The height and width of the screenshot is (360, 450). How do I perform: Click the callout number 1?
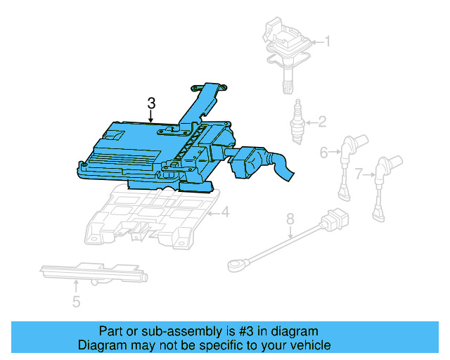tap(326, 41)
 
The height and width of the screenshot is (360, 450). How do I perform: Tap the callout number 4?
tap(225, 212)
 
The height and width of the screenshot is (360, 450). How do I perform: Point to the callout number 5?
tap(76, 302)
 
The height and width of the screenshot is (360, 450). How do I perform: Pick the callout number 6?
tap(324, 151)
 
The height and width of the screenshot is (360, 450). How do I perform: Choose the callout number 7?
tap(359, 172)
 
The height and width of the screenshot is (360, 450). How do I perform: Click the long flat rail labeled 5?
tap(91, 273)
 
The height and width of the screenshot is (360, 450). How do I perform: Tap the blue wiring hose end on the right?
tap(285, 169)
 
